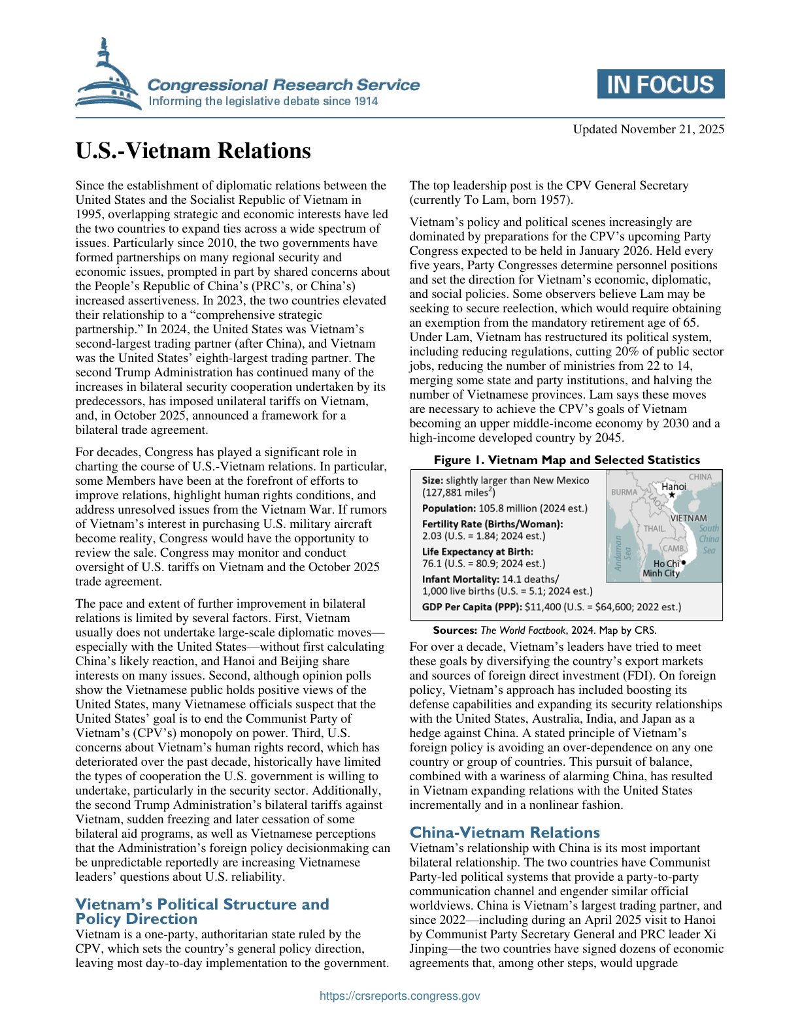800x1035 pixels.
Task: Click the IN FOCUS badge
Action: [660, 84]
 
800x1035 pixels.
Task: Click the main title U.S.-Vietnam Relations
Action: [193, 151]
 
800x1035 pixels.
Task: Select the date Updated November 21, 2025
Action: [648, 129]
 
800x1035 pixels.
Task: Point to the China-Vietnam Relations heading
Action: [504, 832]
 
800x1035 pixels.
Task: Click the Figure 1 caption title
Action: [566, 460]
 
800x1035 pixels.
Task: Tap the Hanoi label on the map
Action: [674, 486]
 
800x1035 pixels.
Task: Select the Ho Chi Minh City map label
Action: [661, 568]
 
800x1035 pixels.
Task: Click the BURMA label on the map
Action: [624, 492]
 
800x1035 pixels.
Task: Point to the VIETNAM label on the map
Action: [688, 518]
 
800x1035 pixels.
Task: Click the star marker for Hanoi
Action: [672, 495]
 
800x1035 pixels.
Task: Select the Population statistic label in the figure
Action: [449, 508]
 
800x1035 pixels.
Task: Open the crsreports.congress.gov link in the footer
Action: [399, 996]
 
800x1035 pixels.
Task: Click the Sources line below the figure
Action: [544, 631]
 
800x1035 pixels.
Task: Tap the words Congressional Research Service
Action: [283, 84]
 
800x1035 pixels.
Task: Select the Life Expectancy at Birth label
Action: [477, 551]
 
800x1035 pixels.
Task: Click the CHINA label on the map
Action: [700, 477]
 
